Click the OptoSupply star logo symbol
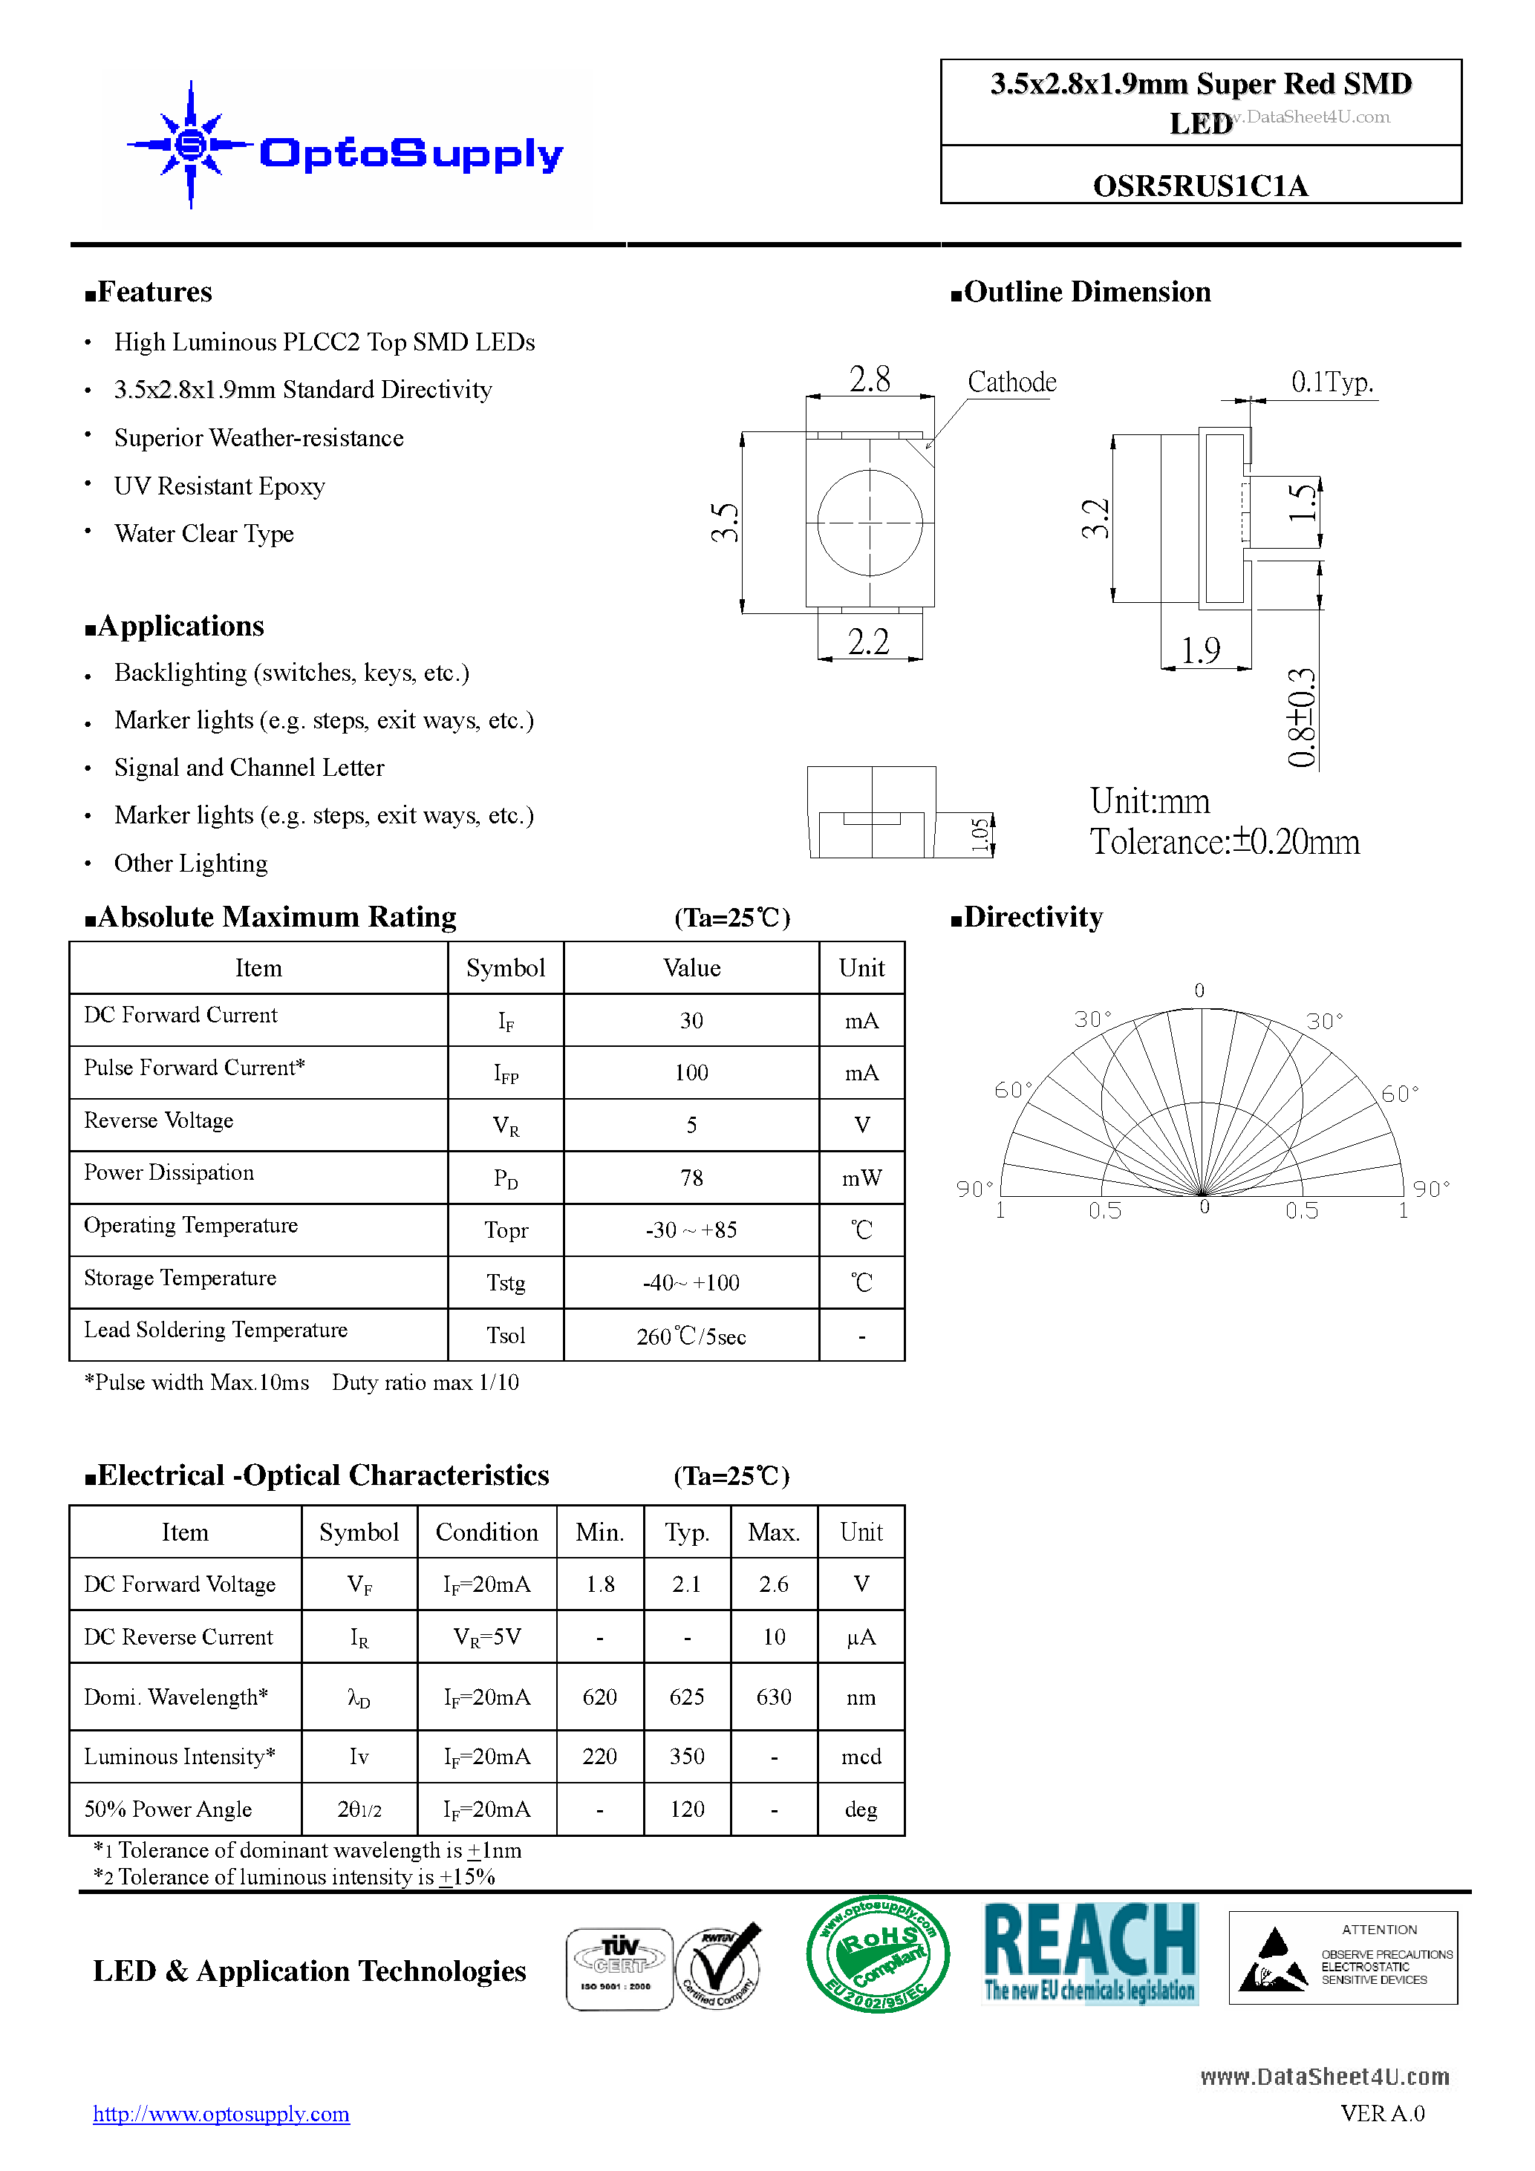[x=191, y=145]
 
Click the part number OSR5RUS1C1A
[x=1199, y=186]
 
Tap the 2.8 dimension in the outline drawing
[x=869, y=379]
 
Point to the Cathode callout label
[x=1011, y=382]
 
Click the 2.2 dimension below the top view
[x=868, y=642]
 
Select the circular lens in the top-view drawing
[x=869, y=522]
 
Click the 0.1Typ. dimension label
[x=1332, y=382]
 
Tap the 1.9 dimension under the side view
[x=1200, y=650]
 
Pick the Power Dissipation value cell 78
[x=691, y=1178]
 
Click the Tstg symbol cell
[x=505, y=1282]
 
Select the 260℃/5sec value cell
[x=691, y=1336]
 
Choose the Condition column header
[x=486, y=1532]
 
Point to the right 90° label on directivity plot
[x=1430, y=1189]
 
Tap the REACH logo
[x=1089, y=1953]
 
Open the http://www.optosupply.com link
[x=221, y=2113]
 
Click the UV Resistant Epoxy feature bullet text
[x=219, y=486]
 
